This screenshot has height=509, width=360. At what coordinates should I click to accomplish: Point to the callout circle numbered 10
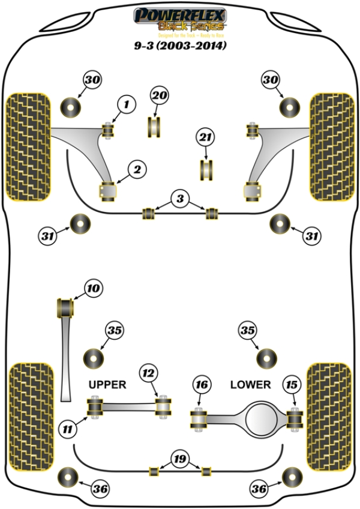(93, 289)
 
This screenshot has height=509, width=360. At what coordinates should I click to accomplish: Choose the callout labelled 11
(67, 429)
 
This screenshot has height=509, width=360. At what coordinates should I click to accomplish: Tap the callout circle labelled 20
(159, 95)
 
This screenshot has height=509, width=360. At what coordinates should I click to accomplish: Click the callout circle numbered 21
(205, 138)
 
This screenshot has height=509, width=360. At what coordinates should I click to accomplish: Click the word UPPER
(107, 384)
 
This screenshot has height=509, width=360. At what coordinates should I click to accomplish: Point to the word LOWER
(251, 384)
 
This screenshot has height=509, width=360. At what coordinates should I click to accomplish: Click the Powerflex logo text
(180, 14)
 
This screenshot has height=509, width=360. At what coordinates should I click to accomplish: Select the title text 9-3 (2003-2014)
(180, 46)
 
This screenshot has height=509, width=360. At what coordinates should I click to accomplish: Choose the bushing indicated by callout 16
(199, 419)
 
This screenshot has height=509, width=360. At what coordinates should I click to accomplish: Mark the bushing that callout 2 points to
(109, 190)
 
